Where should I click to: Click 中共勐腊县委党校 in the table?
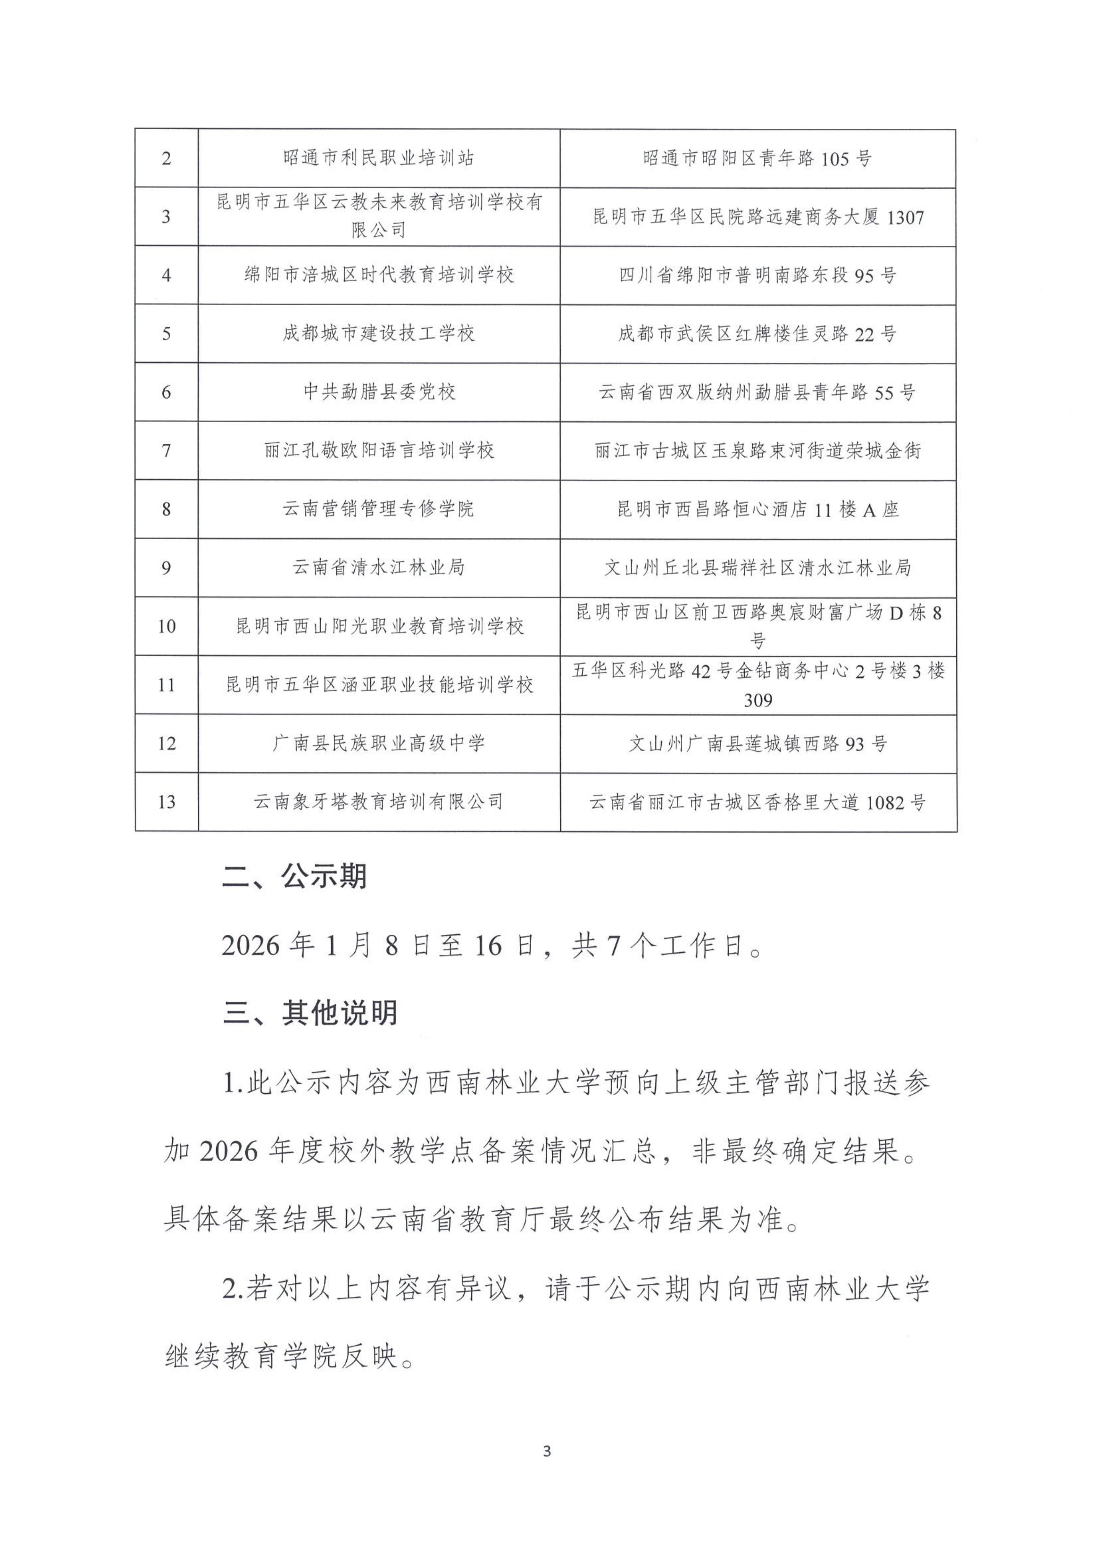click(379, 392)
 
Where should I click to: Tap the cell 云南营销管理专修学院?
click(379, 509)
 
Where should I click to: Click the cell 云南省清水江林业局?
click(379, 568)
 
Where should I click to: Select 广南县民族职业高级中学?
click(379, 744)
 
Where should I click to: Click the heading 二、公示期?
click(294, 877)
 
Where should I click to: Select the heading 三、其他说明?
click(310, 1014)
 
